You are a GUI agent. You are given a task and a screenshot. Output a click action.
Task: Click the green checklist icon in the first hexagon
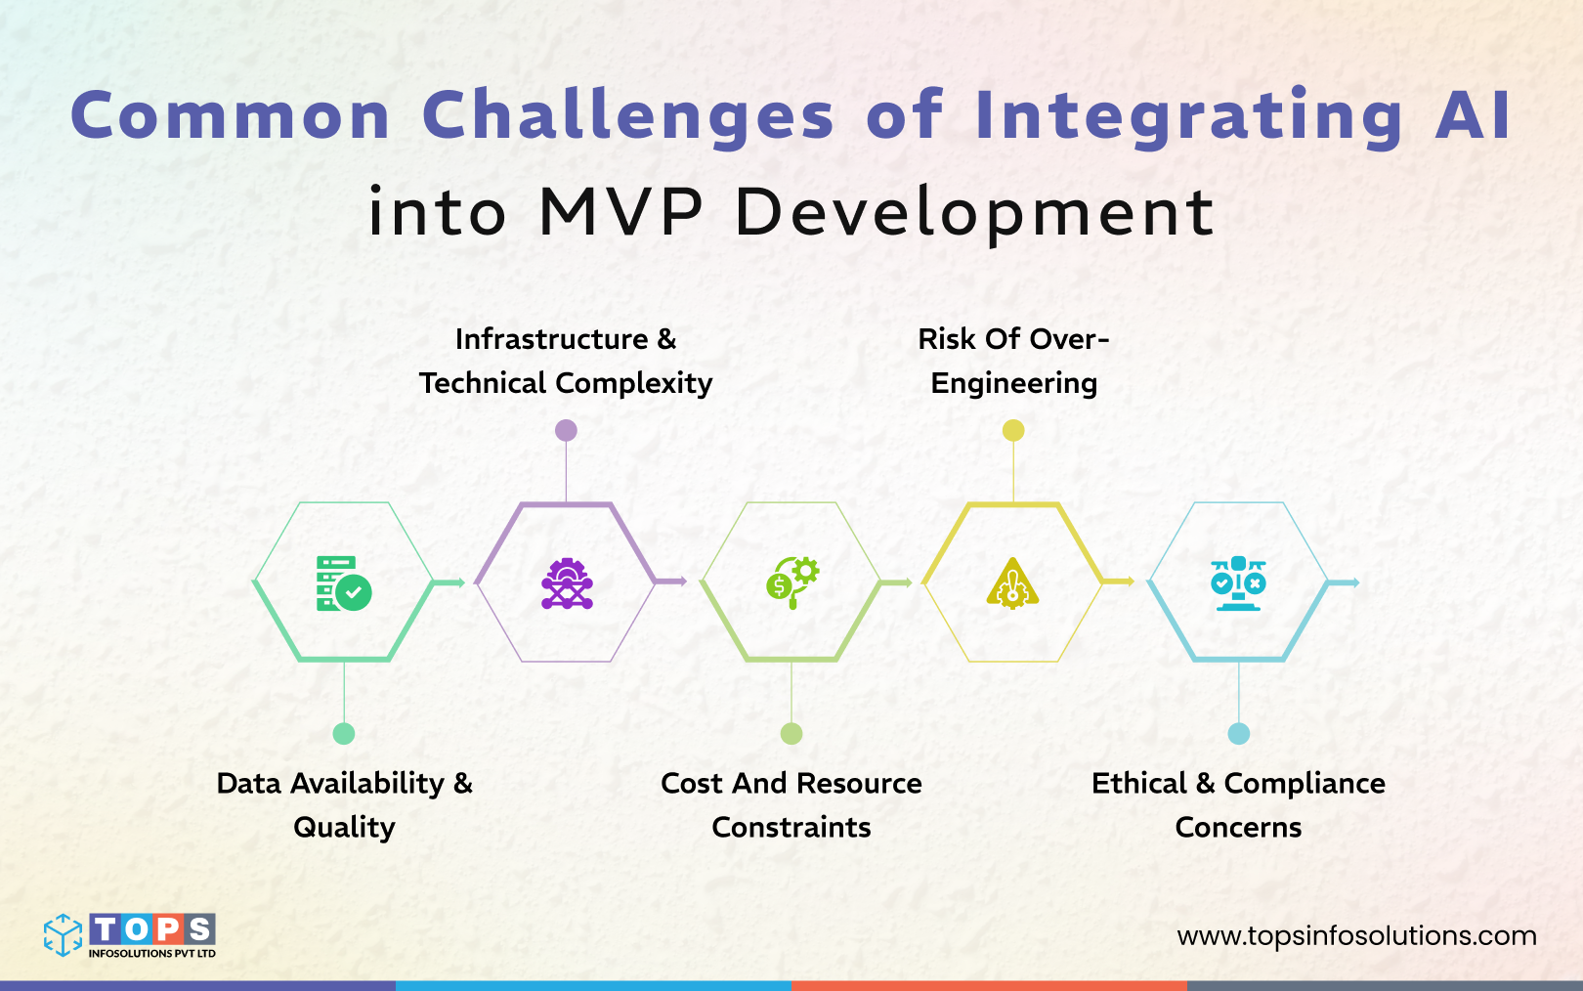pos(343,583)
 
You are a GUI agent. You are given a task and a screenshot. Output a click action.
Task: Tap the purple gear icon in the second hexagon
pos(567,583)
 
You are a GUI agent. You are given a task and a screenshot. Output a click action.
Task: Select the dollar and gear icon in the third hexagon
pos(791,582)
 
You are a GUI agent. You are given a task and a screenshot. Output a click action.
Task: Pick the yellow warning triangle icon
pos(1012,584)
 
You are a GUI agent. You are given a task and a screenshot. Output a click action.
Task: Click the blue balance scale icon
pos(1238,583)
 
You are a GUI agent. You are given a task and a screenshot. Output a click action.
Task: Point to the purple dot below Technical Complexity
pos(566,430)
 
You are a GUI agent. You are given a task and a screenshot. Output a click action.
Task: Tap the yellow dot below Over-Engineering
pos(1013,430)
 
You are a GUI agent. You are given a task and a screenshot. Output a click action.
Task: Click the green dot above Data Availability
pos(344,734)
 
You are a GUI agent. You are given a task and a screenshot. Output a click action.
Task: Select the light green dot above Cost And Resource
pos(791,734)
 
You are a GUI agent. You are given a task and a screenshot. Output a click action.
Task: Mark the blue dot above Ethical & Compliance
pos(1238,734)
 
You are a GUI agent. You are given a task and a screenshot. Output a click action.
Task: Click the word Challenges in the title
pos(627,116)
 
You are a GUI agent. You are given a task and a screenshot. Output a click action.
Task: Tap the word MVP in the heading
pos(620,212)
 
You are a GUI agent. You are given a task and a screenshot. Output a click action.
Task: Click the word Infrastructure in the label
pos(551,339)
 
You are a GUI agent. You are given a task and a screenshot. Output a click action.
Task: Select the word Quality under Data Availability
pos(344,828)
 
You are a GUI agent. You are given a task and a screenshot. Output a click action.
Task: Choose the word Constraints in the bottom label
pos(791,828)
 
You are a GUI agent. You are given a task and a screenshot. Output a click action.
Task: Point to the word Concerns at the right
pos(1238,828)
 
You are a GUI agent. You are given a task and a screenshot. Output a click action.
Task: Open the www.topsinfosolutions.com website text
pos(1356,936)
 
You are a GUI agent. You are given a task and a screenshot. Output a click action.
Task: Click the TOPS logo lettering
pos(151,928)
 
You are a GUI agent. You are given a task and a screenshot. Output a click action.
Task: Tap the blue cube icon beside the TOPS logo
pos(63,935)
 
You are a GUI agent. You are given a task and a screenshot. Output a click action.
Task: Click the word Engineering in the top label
pos(1013,383)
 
